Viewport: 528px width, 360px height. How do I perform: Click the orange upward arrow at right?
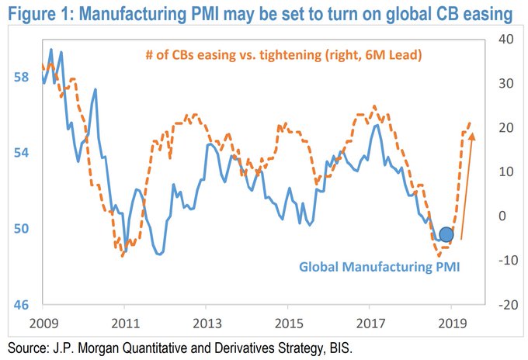[x=468, y=186]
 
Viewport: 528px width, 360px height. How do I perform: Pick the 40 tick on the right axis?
[x=503, y=40]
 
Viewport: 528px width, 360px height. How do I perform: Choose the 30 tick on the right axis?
[x=503, y=84]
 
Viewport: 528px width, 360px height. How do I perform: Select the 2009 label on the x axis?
[x=43, y=321]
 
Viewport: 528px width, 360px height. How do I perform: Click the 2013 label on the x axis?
[x=205, y=321]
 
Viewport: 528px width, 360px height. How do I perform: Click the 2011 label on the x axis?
[x=124, y=321]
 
